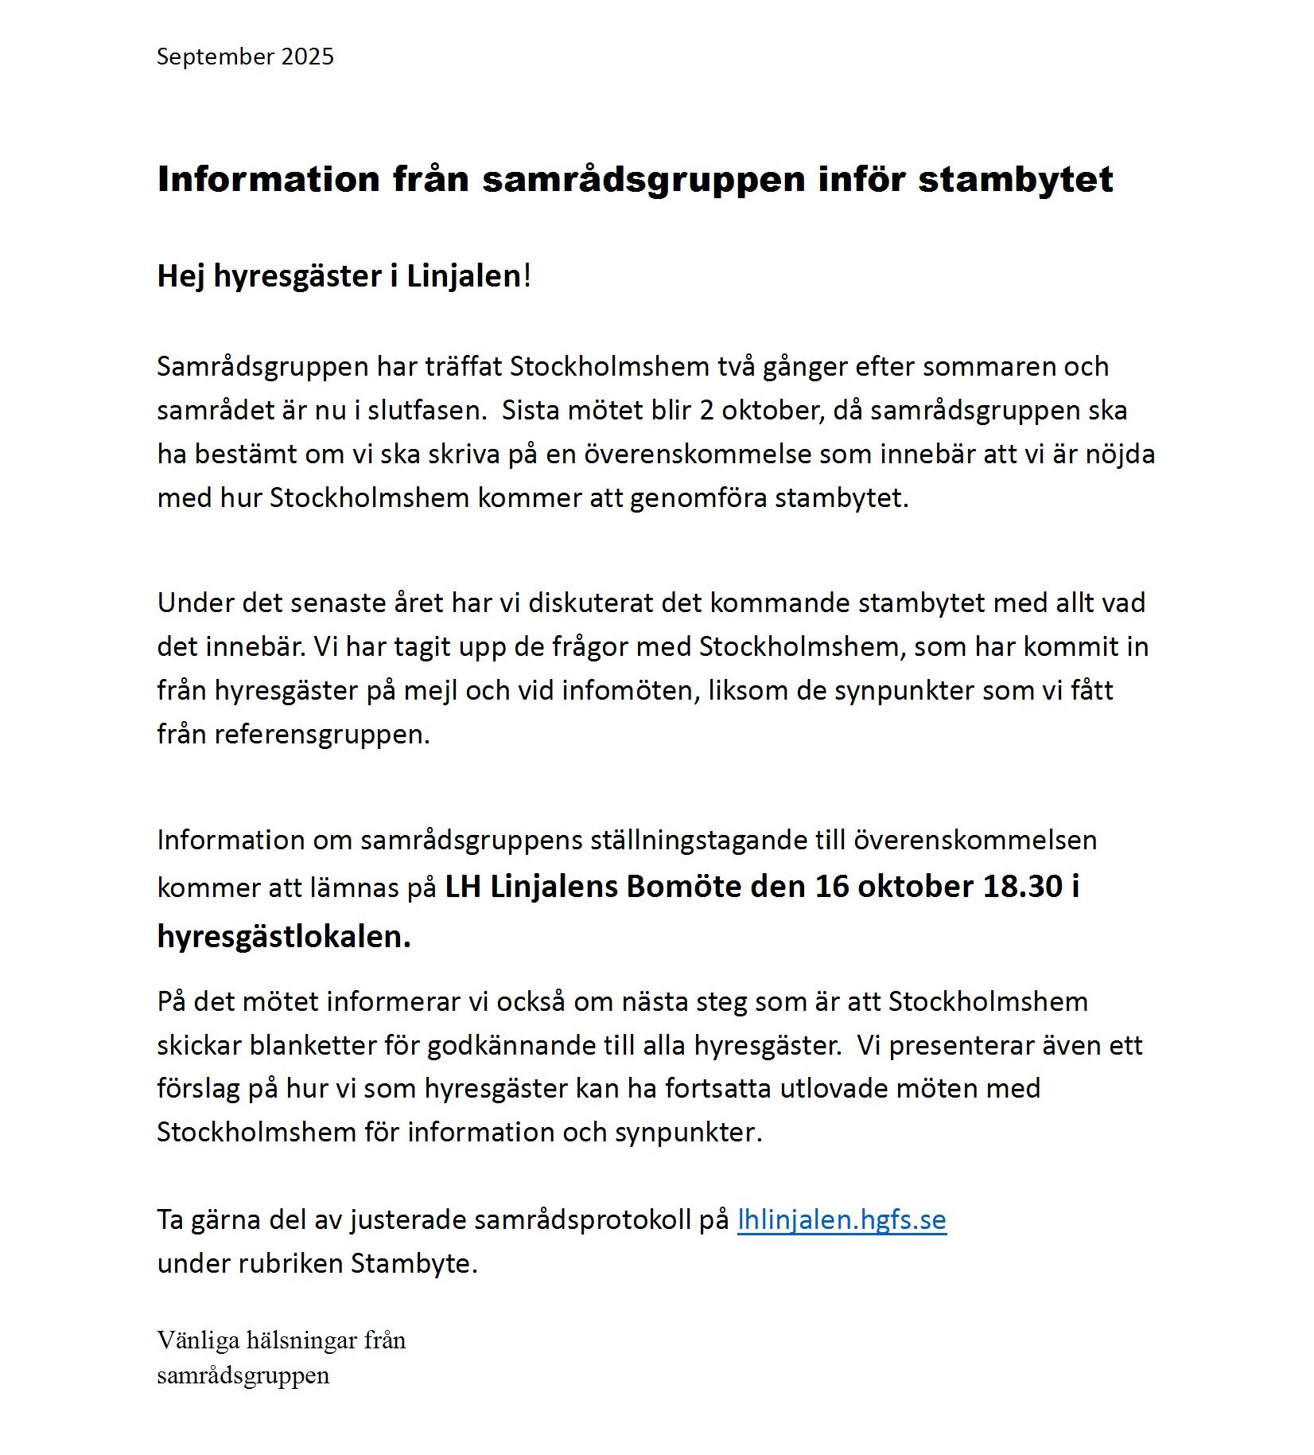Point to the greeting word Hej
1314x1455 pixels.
[180, 276]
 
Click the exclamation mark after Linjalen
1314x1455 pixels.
[527, 276]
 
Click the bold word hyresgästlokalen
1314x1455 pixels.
[284, 937]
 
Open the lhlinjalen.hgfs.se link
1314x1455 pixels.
[842, 1220]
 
